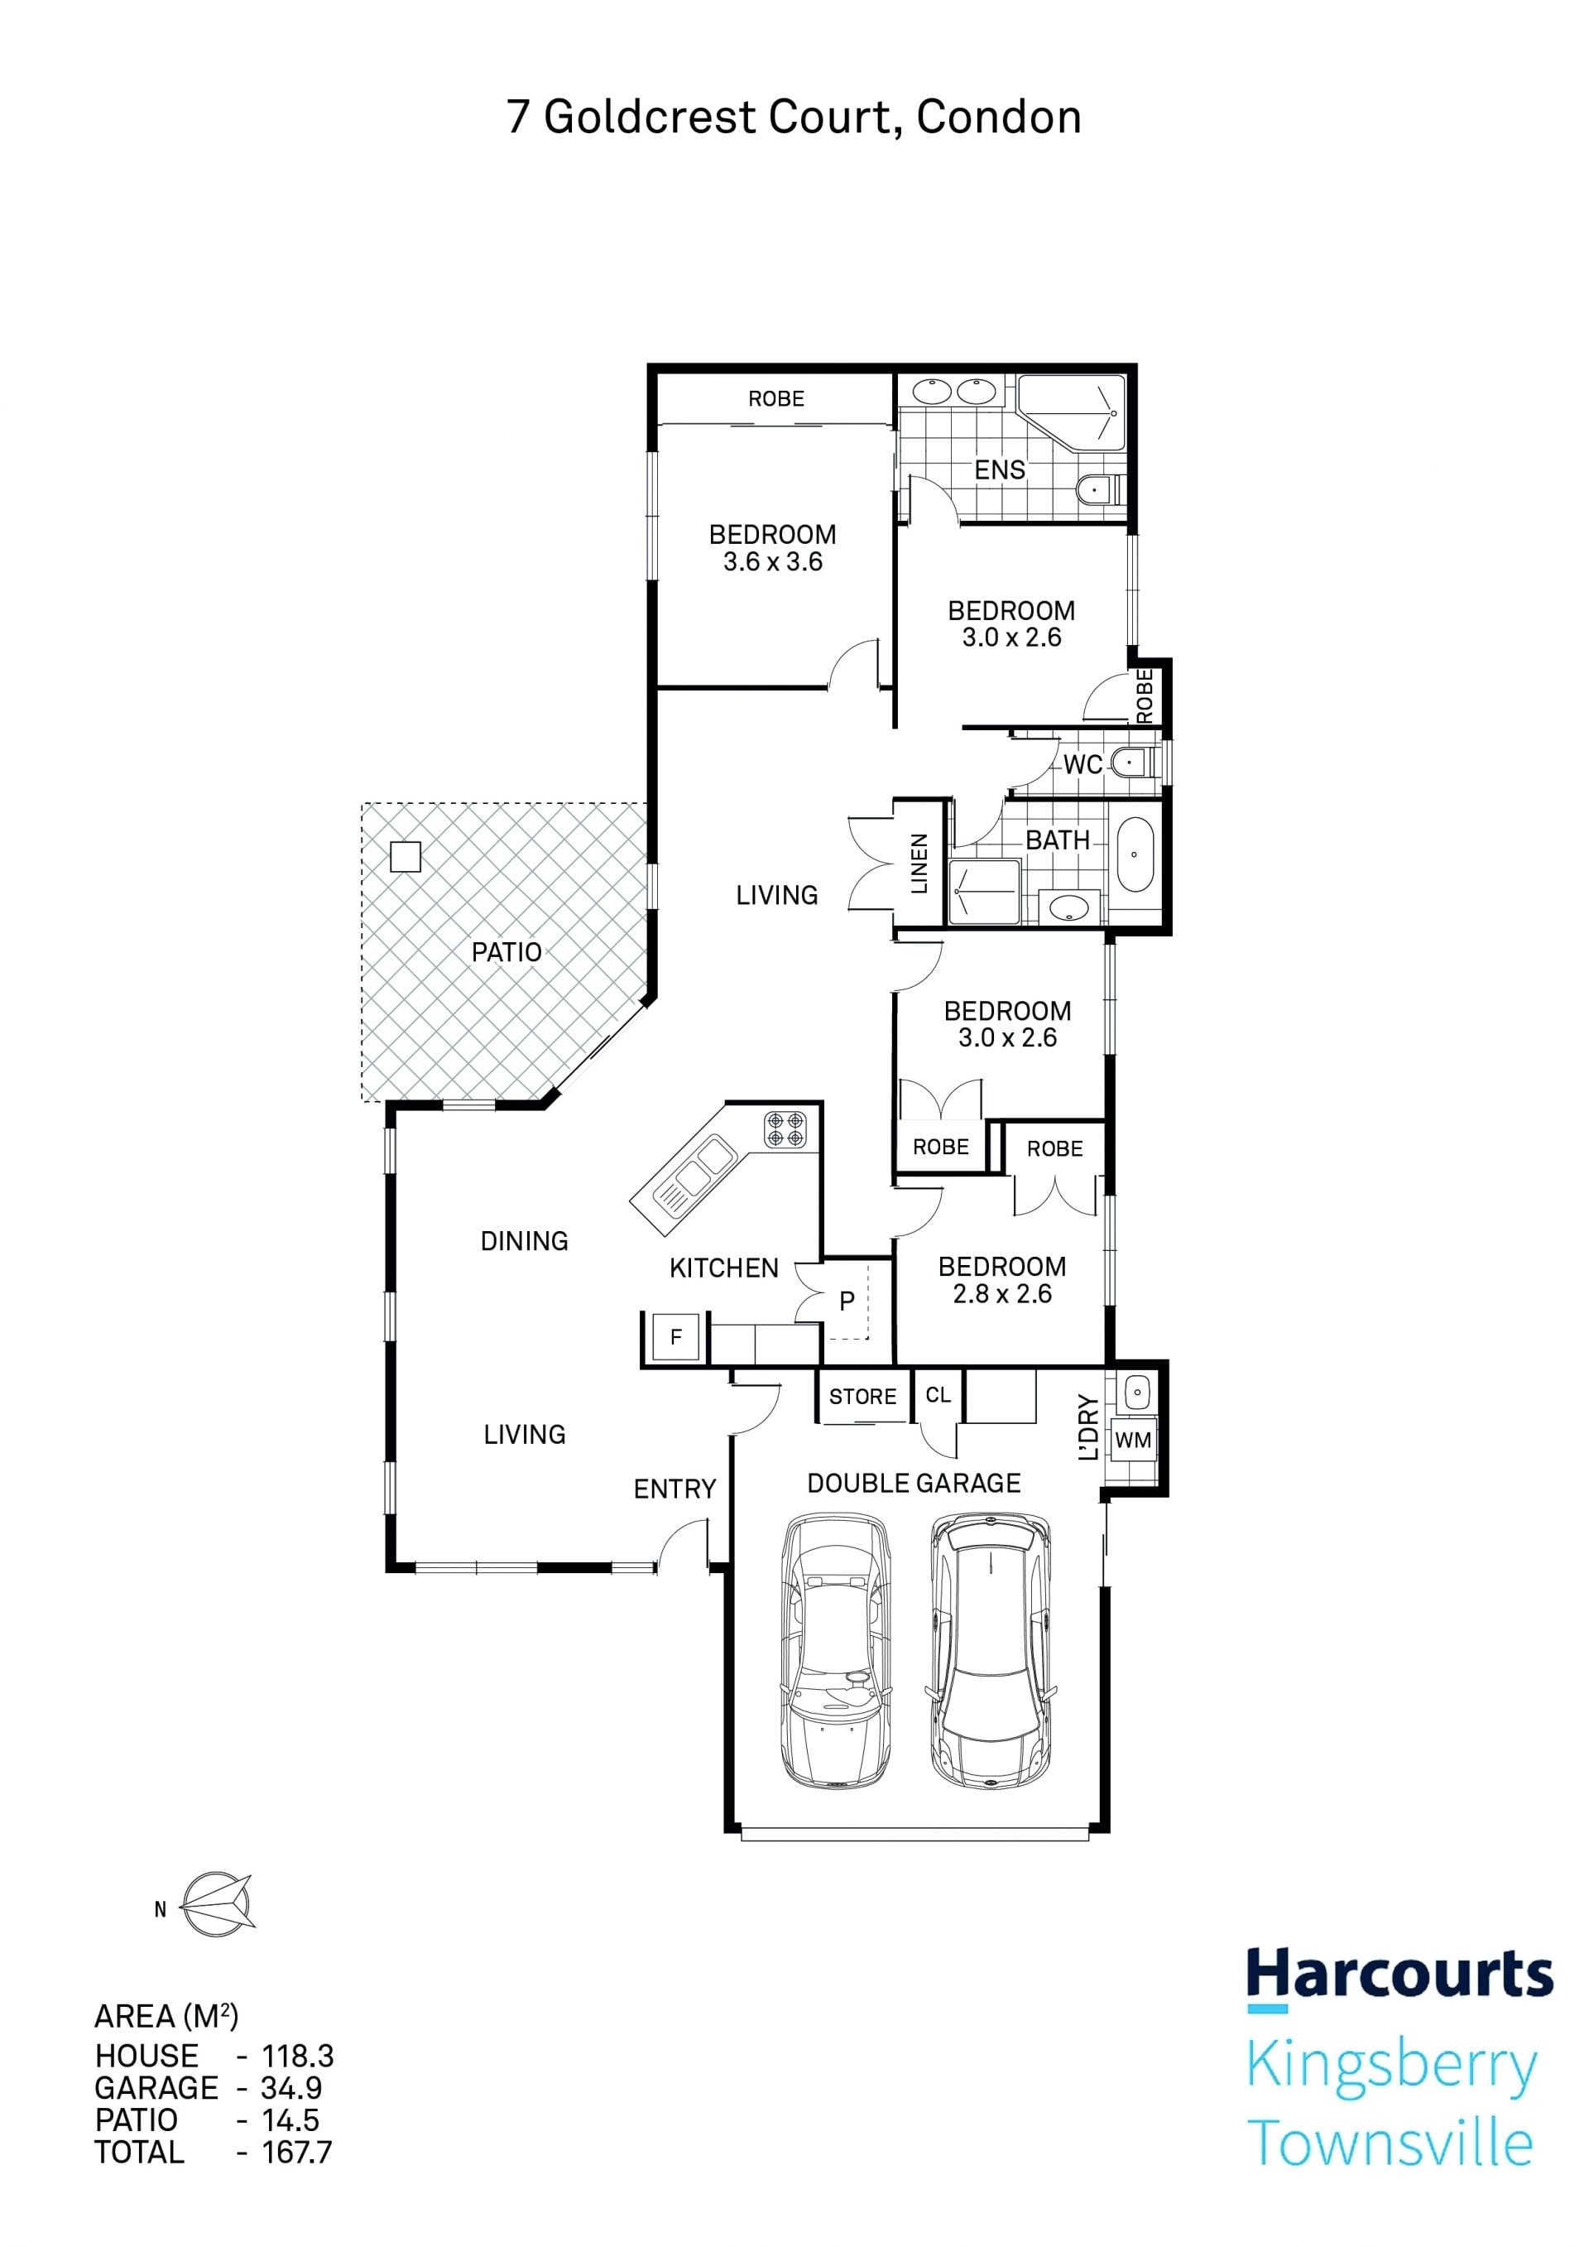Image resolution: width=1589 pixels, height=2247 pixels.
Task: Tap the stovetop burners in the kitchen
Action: [x=785, y=1128]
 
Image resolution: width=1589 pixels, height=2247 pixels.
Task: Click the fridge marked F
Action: [x=675, y=1337]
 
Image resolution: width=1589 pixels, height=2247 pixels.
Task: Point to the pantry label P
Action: [x=847, y=1302]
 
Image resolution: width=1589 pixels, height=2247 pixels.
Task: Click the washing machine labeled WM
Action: [x=1132, y=1440]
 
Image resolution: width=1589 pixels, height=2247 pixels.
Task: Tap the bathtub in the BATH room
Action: [x=1135, y=854]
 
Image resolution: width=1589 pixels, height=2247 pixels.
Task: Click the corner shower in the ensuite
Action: [x=1072, y=413]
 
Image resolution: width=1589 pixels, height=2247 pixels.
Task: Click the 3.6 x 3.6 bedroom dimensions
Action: [x=773, y=561]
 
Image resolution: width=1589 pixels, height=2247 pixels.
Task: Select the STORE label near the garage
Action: [x=862, y=1397]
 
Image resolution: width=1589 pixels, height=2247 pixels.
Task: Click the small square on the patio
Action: [x=405, y=857]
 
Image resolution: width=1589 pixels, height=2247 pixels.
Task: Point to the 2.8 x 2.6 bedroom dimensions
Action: [x=1002, y=1294]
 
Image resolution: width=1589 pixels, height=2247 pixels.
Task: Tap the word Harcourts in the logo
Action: [x=1400, y=1975]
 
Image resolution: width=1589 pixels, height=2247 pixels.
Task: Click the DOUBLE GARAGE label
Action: [x=914, y=1483]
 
